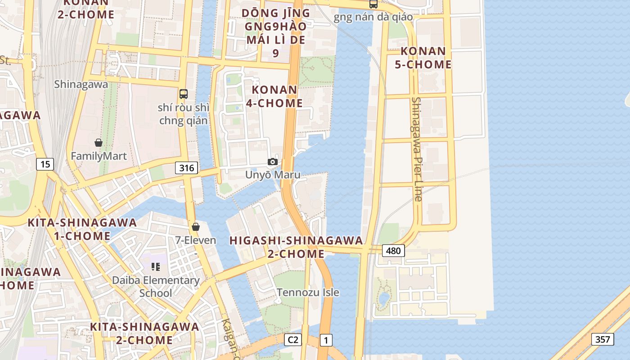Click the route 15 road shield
click(x=45, y=164)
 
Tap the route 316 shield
click(x=186, y=168)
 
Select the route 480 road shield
click(x=393, y=251)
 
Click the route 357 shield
click(x=602, y=339)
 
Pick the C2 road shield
click(x=292, y=340)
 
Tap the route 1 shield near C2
click(x=326, y=340)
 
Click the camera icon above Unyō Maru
click(x=273, y=162)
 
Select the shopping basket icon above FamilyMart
click(x=99, y=143)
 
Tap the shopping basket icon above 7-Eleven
click(x=196, y=227)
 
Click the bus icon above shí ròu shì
click(x=184, y=94)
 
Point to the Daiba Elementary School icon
click(x=156, y=267)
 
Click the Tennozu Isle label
click(x=308, y=292)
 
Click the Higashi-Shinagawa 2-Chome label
click(x=296, y=247)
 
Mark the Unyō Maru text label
click(x=273, y=175)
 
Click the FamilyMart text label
click(x=99, y=156)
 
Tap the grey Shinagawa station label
click(x=81, y=84)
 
